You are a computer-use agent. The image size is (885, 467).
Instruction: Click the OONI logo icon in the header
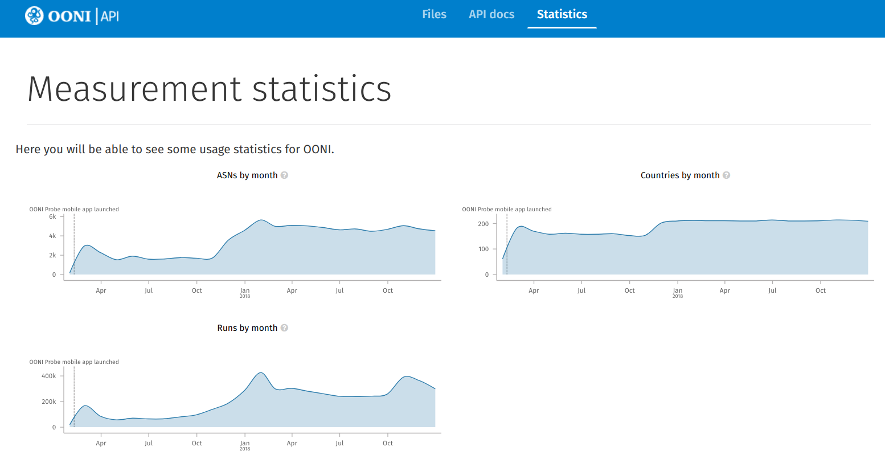coord(34,15)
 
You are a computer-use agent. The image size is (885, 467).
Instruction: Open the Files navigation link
coord(434,14)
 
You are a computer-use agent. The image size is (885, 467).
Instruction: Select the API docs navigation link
coord(491,14)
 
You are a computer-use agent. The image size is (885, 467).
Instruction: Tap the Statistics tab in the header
coord(562,14)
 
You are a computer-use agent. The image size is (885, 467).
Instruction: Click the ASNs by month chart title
coord(247,175)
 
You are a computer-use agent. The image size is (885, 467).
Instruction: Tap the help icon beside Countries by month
coord(726,175)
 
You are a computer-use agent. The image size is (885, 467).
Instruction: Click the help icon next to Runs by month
coord(284,328)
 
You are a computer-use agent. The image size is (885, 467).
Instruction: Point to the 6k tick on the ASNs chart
coord(52,216)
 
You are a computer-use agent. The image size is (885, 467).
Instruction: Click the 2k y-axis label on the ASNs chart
coord(52,255)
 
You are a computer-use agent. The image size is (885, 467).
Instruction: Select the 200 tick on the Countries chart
coord(483,224)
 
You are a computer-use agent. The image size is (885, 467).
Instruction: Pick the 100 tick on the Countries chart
coord(483,249)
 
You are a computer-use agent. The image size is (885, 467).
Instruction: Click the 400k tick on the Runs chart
coord(49,376)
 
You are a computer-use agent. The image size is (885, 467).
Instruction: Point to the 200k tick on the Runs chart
coord(49,402)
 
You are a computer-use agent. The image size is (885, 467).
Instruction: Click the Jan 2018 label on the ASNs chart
coord(245,292)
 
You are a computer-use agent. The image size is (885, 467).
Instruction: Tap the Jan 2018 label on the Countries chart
coord(678,292)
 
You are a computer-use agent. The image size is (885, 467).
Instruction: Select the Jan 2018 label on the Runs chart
coord(245,445)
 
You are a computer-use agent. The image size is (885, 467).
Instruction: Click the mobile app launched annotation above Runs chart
coord(74,362)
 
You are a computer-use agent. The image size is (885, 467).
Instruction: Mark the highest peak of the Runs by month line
coord(261,372)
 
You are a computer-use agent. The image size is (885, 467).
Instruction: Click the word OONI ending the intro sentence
coord(318,149)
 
